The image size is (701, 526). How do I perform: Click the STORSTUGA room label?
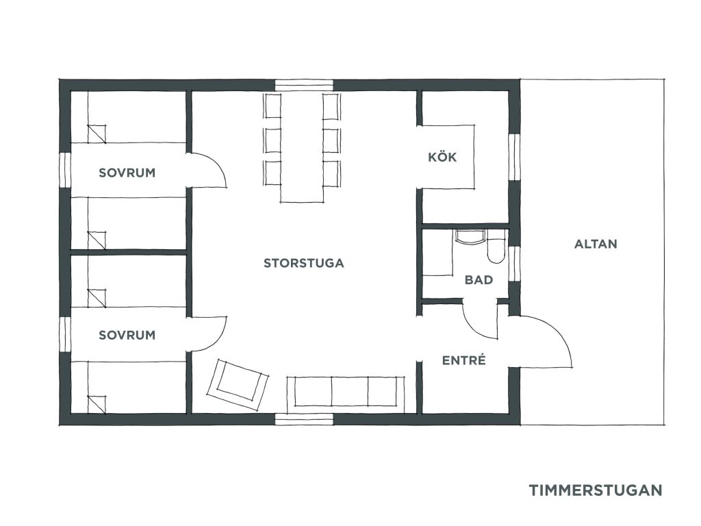pos(303,263)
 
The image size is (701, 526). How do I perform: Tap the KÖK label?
pos(442,157)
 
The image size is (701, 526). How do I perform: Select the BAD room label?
pos(479,280)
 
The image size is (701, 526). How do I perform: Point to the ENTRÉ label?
pos(463,360)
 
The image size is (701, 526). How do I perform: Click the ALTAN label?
pos(596,244)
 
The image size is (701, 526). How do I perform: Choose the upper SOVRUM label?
pos(127,173)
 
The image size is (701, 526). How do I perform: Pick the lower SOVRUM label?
pos(127,335)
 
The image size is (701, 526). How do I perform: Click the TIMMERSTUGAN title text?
pos(596,490)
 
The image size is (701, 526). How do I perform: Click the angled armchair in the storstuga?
pos(238,385)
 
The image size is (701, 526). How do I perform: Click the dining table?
pos(302,148)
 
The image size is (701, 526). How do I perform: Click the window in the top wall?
pos(304,86)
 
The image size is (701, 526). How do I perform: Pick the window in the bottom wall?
pos(304,419)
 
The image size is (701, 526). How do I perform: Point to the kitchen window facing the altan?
pos(515,157)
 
